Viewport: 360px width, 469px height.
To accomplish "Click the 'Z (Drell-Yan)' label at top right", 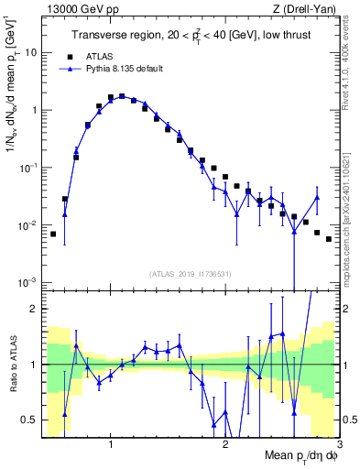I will [x=309, y=8].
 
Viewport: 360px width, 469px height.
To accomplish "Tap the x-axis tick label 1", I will [x=110, y=444].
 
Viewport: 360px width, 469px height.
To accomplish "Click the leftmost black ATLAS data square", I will [x=53, y=234].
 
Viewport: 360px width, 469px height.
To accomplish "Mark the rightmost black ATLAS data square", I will [x=328, y=239].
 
